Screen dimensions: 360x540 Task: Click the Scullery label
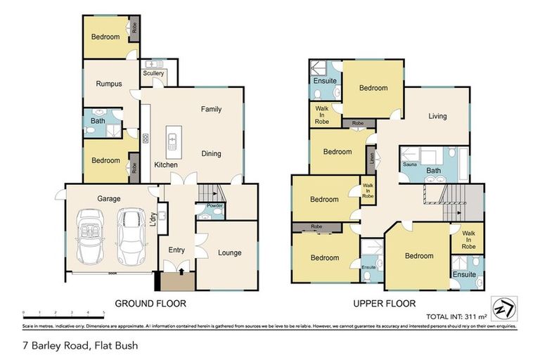pos(153,73)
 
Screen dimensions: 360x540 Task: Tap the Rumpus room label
pos(109,84)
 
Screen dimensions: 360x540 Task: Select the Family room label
pos(211,109)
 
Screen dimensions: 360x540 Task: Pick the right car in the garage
pos(131,233)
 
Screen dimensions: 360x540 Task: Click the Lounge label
pos(229,252)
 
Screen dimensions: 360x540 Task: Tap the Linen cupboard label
pos(371,157)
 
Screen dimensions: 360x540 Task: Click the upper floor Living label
pos(437,116)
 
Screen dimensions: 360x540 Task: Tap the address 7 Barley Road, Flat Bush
pos(81,345)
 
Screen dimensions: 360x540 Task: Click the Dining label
pos(211,153)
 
